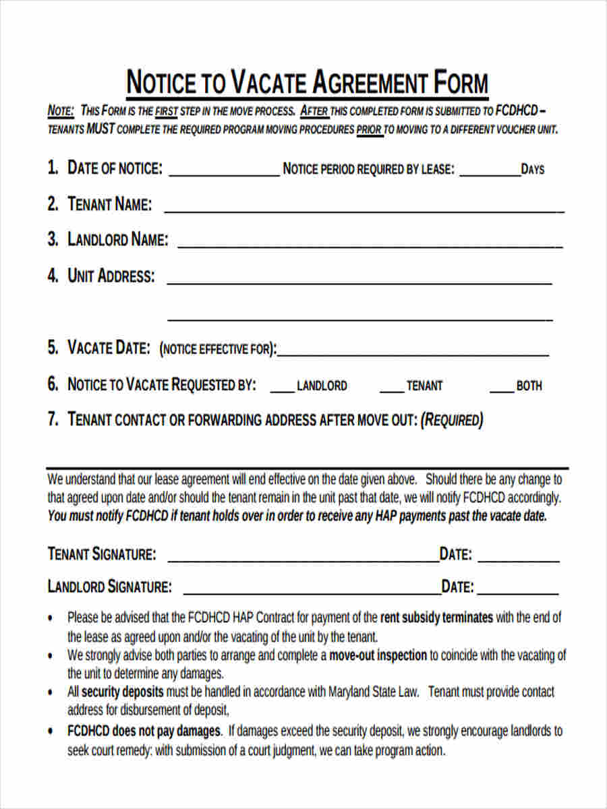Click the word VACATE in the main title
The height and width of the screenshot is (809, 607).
point(270,84)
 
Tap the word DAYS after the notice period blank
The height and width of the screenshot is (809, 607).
point(532,170)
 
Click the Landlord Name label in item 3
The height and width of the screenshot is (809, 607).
point(117,240)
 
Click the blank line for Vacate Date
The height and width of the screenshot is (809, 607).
point(413,353)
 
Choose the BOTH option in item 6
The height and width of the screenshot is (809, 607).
point(529,386)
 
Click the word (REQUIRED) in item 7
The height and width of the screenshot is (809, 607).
point(451,421)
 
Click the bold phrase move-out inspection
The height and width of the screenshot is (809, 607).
point(378,655)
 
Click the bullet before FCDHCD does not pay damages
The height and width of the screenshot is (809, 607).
point(52,731)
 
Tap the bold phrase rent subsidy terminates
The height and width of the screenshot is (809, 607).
point(436,618)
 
